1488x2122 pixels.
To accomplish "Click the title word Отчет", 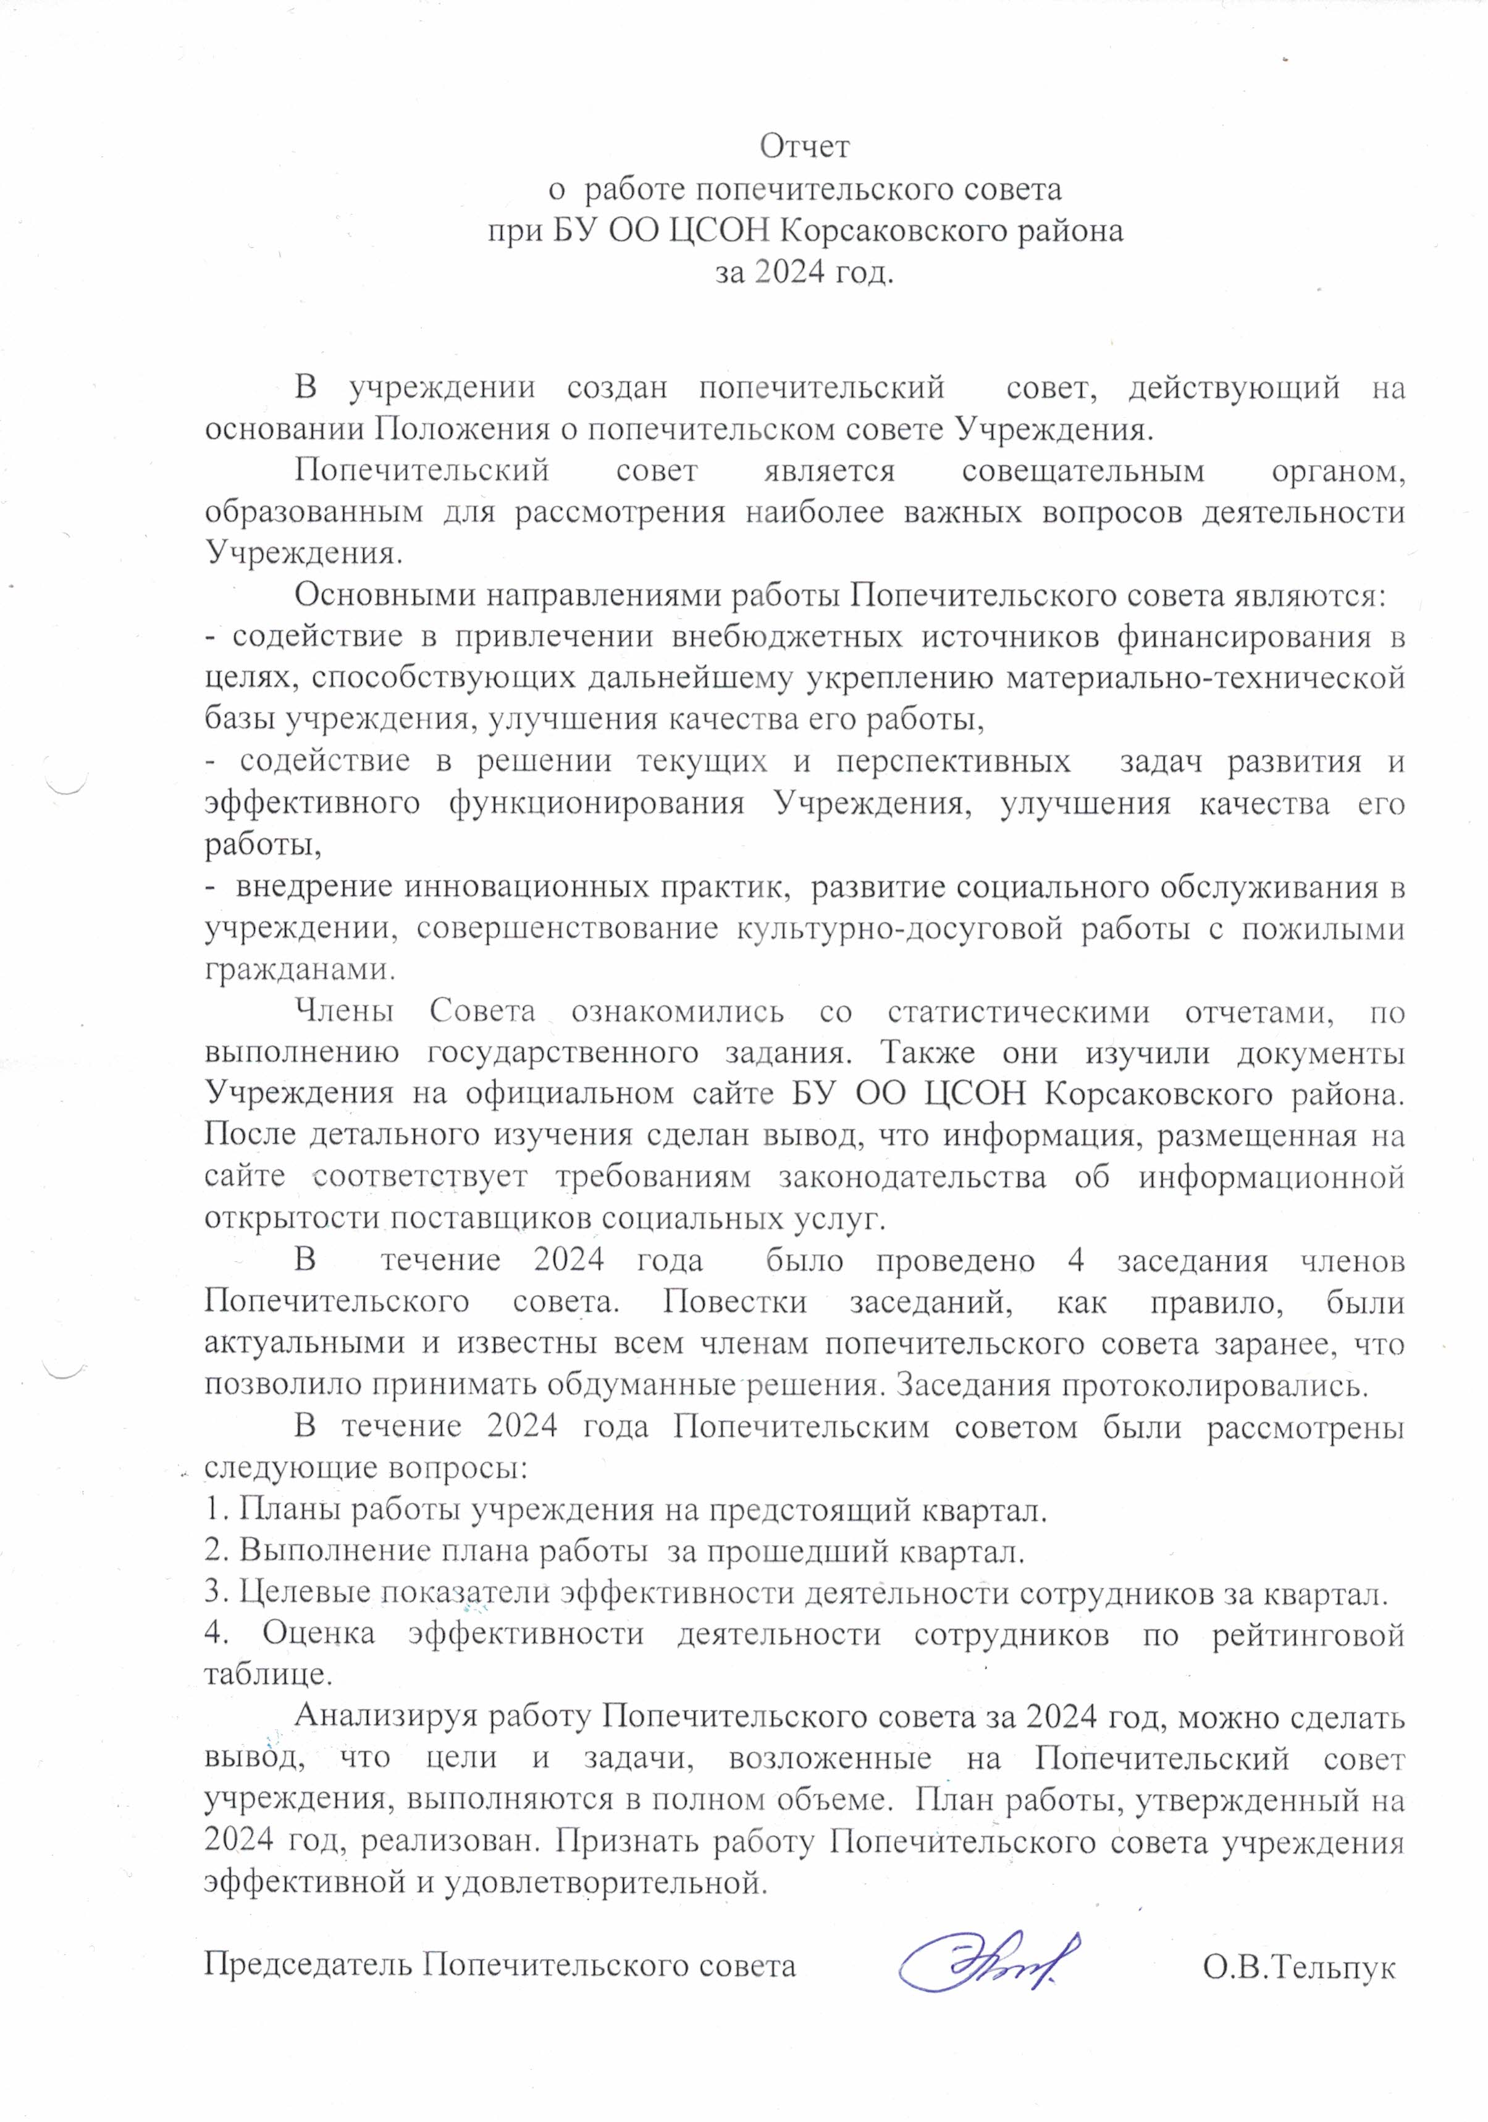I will click(804, 146).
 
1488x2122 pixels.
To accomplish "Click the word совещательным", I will click(1083, 471).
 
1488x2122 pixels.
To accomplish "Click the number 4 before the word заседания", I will click(1075, 1260).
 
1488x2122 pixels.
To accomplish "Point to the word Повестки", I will click(735, 1302).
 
